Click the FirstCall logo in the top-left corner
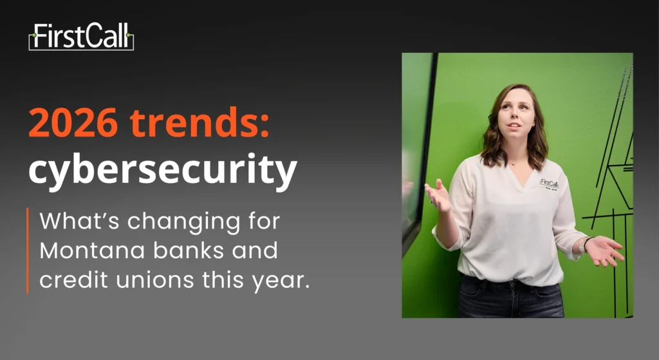tap(81, 37)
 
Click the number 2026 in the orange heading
tap(73, 122)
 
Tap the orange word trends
tap(194, 122)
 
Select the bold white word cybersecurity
tap(163, 169)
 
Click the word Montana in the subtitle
tap(92, 251)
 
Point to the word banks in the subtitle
tap(189, 251)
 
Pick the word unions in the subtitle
tap(154, 279)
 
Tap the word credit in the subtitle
tap(73, 279)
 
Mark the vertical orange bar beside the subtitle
tap(28, 251)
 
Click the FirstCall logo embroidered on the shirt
tap(549, 184)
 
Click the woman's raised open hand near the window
tap(438, 196)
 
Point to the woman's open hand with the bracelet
tap(604, 251)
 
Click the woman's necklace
tap(517, 162)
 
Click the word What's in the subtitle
tap(79, 221)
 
